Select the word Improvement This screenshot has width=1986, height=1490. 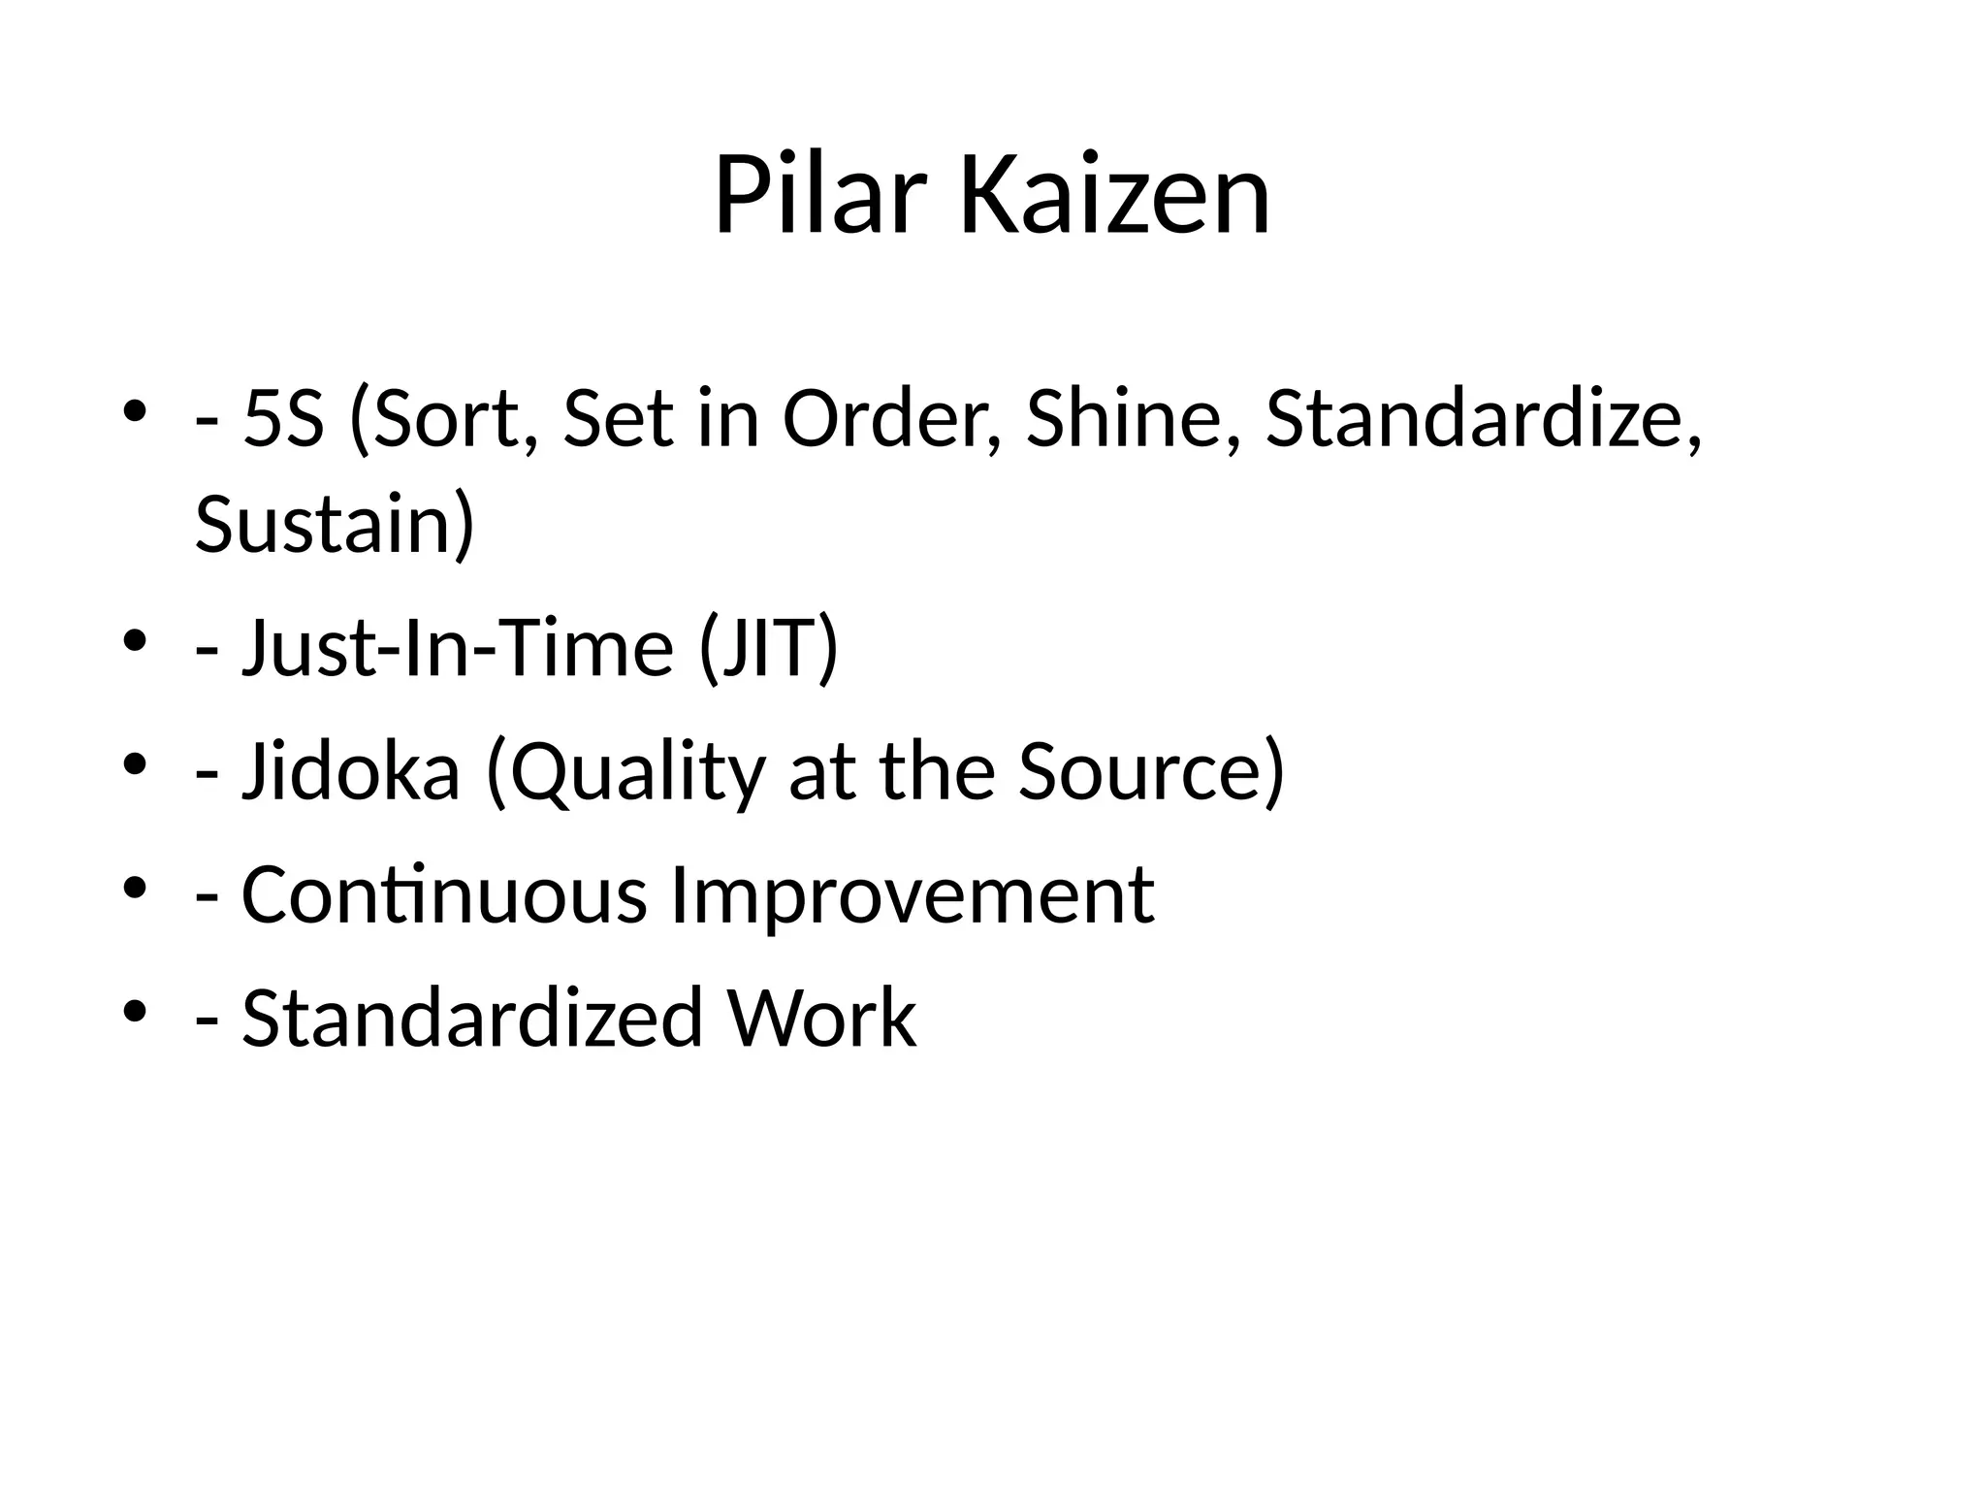tap(912, 894)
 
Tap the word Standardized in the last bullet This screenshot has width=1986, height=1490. tap(471, 1019)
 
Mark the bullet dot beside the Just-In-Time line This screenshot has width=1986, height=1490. tap(135, 641)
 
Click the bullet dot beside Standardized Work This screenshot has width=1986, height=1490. tap(135, 1012)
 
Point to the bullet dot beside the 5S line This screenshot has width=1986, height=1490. tap(135, 412)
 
